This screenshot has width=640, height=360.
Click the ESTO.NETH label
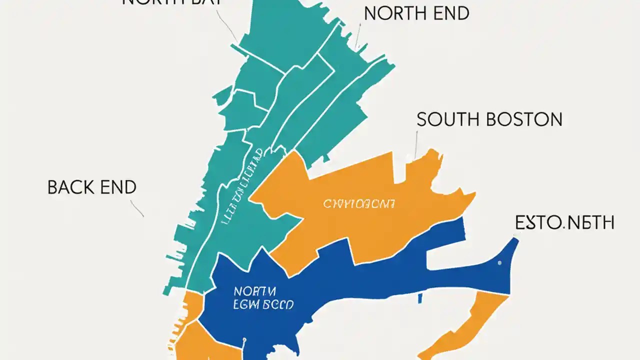pyautogui.click(x=564, y=223)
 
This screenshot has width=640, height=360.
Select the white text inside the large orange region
pyautogui.click(x=359, y=204)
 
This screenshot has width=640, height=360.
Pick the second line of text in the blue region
pyautogui.click(x=263, y=304)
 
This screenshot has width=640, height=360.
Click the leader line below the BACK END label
pyautogui.click(x=137, y=208)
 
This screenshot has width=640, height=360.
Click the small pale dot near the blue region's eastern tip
pyautogui.click(x=499, y=262)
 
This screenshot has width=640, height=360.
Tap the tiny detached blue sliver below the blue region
pyautogui.click(x=420, y=298)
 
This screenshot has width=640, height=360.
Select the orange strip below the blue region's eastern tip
pyautogui.click(x=465, y=325)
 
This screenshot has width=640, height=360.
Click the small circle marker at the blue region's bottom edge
pyautogui.click(x=244, y=340)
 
